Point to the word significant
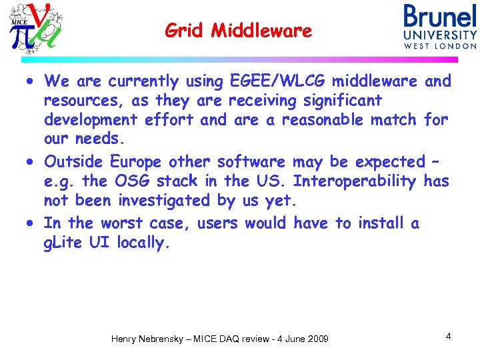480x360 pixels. tap(339, 101)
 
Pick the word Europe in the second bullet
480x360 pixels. tap(136, 162)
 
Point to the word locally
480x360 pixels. tap(144, 243)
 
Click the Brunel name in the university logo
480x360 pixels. tap(440, 16)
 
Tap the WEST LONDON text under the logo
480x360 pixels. tap(440, 46)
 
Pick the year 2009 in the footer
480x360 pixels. tap(317, 339)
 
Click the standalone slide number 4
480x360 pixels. tap(449, 336)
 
